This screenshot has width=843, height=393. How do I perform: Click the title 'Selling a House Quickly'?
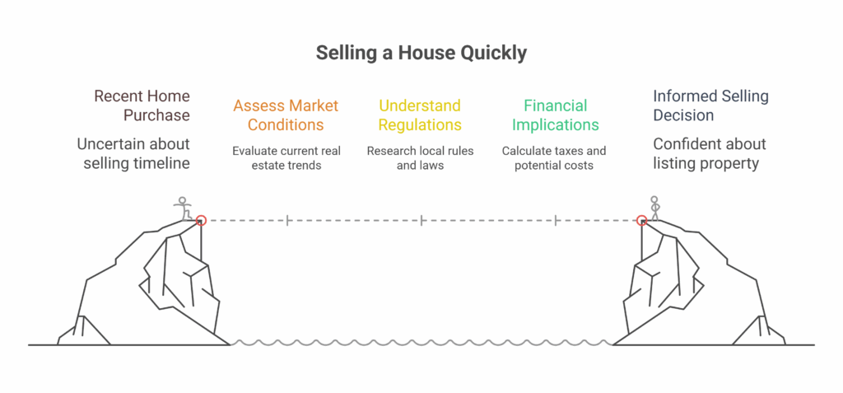coord(421,54)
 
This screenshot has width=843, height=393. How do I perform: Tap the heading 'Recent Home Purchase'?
coord(142,105)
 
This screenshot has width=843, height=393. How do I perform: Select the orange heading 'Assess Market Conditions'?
coord(286,115)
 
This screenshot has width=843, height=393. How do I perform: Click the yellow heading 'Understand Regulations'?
coord(420,115)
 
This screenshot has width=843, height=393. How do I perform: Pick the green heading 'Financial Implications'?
coord(555,115)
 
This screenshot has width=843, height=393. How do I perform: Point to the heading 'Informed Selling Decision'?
coord(710,105)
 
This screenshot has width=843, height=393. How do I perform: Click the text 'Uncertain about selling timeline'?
coord(133,153)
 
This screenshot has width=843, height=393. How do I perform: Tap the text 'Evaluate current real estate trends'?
coord(286,157)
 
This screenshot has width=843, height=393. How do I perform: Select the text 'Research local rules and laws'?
coord(420,157)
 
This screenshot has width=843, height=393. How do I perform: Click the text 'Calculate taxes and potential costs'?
coord(554,157)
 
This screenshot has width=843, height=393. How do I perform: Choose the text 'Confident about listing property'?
coord(710,153)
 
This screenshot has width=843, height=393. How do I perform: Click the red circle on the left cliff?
coord(201,220)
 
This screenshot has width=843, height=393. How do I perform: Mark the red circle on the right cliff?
coord(641,220)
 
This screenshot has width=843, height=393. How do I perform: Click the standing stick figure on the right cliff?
coord(654,208)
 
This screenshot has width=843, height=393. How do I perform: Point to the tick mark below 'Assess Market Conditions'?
coord(287,220)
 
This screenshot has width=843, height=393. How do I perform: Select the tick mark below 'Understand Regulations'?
coord(421,220)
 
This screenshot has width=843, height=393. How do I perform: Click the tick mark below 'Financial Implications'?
coord(555,220)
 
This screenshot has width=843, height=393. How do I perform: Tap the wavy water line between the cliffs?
coord(421,343)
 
